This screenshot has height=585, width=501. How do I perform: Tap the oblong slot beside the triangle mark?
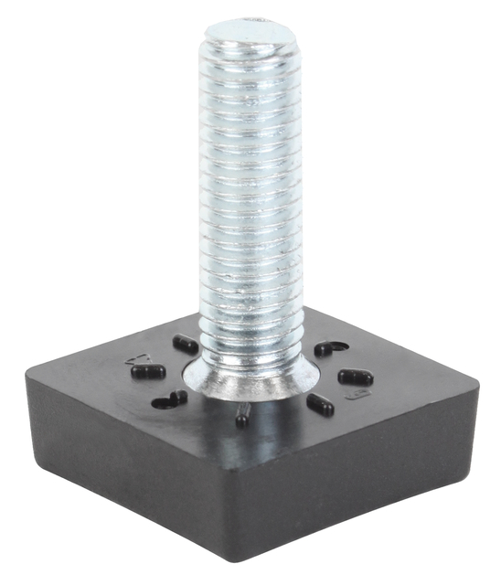(x=147, y=371)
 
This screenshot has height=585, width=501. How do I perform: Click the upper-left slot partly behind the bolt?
(x=185, y=345)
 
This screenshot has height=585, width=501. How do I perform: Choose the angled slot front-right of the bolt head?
(x=320, y=404)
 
